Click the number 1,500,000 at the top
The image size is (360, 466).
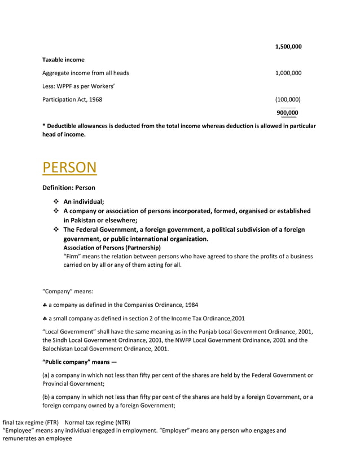click(288, 47)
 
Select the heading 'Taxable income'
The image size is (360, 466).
click(63, 60)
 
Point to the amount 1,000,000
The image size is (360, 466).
click(288, 73)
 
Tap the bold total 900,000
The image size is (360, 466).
click(288, 113)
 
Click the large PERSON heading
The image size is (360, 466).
click(69, 168)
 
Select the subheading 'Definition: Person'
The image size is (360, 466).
click(69, 188)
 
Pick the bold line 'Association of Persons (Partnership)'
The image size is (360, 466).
click(112, 248)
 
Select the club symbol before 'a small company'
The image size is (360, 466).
click(45, 318)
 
